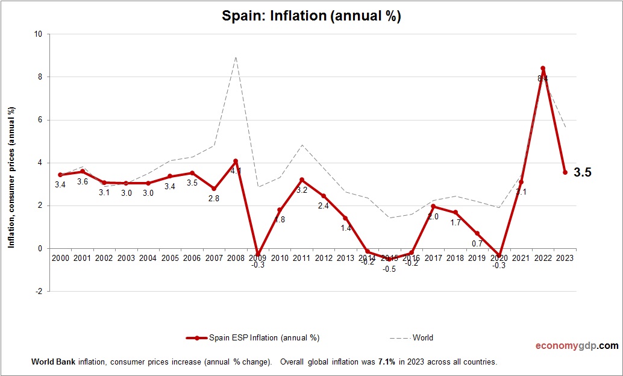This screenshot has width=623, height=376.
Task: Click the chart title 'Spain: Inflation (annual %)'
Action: point(311,16)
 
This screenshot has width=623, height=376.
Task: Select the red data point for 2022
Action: point(543,68)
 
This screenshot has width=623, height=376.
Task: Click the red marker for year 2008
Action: point(236,161)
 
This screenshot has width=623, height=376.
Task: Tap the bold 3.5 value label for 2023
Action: point(583,172)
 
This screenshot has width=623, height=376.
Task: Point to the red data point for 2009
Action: point(258,254)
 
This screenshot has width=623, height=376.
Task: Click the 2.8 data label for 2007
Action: point(213,198)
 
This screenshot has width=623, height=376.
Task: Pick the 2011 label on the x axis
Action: point(302,258)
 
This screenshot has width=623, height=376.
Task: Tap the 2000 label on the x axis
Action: point(60,258)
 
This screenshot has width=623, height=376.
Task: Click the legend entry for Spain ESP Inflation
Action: point(253,338)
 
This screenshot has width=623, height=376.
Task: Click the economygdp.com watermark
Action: point(577,346)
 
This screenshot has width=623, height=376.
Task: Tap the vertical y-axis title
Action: point(11,178)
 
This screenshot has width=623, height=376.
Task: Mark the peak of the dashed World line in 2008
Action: point(236,57)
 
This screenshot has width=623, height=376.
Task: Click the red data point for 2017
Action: point(433,206)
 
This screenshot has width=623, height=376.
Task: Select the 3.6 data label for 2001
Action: point(82,181)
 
